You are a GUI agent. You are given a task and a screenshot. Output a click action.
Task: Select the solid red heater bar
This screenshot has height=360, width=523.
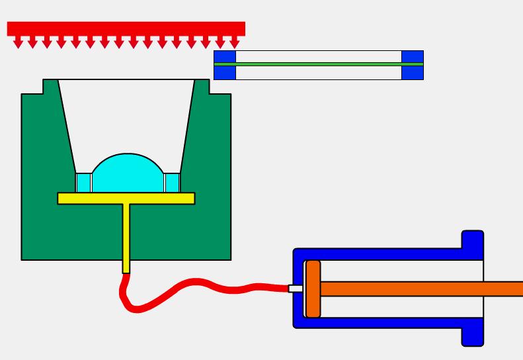coord(126,28)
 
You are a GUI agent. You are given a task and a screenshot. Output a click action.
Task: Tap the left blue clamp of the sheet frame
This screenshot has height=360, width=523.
coord(225,65)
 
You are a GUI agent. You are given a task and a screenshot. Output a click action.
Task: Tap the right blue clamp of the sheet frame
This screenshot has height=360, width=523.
coord(413,65)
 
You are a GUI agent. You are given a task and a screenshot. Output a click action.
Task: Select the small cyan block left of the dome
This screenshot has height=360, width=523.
coord(83,182)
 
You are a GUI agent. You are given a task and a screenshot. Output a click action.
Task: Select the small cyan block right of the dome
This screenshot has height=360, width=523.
coord(172,182)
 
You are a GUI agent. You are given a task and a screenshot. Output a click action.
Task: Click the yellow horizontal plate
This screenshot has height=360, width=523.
coord(126,198)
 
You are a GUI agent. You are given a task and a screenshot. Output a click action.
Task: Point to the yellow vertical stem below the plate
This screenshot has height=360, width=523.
coord(126,238)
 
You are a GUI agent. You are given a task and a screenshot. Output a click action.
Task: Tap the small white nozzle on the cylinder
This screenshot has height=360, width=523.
coord(295,289)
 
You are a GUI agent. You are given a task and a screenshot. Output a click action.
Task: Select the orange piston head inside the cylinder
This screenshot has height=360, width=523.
coord(313,289)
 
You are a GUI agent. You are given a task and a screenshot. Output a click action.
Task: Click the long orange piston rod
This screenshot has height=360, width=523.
coord(423,289)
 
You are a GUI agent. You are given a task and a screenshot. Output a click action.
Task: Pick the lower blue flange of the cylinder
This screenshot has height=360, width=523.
coord(472,334)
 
